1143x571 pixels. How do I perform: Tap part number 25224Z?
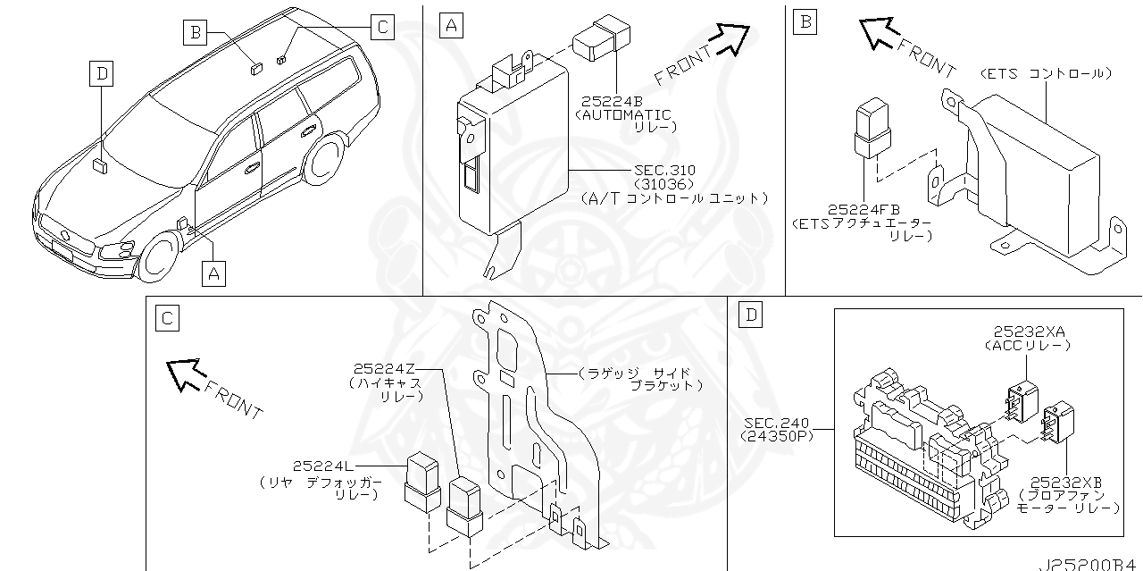pos(384,367)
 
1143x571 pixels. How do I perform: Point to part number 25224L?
pos(321,466)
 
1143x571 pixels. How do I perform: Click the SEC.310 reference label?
pos(665,170)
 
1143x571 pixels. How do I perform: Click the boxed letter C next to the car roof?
pos(381,27)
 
